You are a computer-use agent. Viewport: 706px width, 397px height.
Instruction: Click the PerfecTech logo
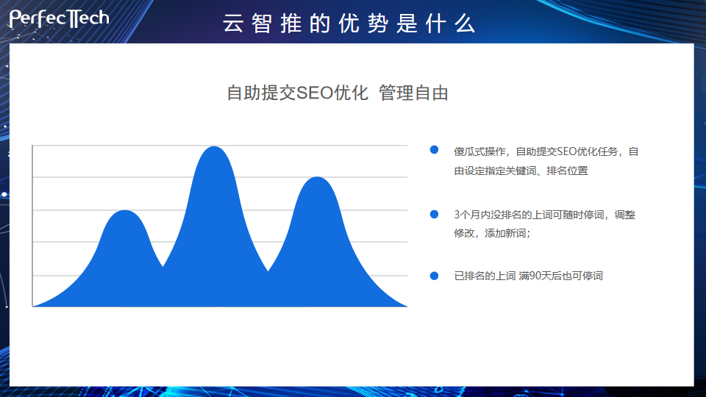[59, 19]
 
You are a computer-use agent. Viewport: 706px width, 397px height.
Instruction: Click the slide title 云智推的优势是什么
[349, 24]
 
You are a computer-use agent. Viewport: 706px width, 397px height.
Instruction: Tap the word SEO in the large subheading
[315, 93]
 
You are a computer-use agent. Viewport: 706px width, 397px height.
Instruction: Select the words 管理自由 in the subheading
[414, 93]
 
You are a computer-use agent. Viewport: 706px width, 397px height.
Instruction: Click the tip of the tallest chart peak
[214, 146]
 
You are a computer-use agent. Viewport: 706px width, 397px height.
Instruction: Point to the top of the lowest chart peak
[124, 210]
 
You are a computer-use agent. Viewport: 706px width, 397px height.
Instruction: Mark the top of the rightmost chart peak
[318, 177]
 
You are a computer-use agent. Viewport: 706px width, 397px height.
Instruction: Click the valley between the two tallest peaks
[268, 271]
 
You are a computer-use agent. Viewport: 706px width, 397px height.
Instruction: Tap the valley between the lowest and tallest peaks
[163, 266]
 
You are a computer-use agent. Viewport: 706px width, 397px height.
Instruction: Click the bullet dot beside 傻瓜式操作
[434, 150]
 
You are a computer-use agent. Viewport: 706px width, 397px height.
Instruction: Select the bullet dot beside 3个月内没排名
[434, 214]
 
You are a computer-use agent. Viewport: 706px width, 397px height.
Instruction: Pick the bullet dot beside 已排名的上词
[434, 276]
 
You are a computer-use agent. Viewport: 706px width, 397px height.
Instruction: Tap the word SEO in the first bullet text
[567, 151]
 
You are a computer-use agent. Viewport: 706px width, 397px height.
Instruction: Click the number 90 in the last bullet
[535, 276]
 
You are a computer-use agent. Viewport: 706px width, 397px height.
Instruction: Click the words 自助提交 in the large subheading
[261, 93]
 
